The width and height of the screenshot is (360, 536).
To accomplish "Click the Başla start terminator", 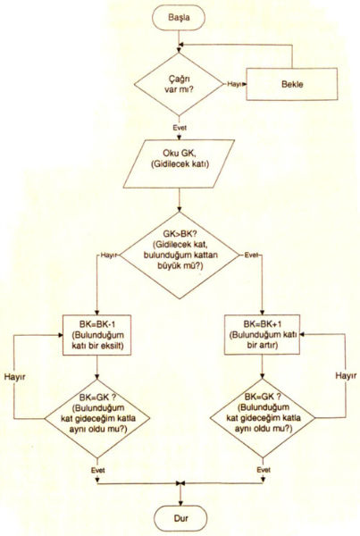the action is click(x=179, y=18).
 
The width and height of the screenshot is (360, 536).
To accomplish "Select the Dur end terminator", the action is click(x=180, y=518).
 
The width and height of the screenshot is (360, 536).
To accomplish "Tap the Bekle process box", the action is click(x=292, y=84).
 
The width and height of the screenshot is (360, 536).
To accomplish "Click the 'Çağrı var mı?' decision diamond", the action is click(x=179, y=84).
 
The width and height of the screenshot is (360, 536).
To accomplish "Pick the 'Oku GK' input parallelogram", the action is click(x=180, y=163).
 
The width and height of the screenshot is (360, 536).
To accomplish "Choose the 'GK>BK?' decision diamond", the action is click(x=180, y=255).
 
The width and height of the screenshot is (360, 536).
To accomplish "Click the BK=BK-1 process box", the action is click(x=97, y=335).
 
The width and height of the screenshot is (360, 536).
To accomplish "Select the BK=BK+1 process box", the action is click(x=262, y=334).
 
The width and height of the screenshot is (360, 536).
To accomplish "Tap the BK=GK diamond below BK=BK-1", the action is click(x=97, y=418).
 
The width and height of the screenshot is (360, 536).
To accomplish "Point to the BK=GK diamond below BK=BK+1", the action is click(x=263, y=418).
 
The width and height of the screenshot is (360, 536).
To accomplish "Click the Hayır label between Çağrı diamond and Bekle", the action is click(x=235, y=84).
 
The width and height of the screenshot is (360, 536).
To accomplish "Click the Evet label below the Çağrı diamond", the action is click(x=180, y=128).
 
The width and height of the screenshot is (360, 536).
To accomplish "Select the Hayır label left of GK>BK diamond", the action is click(x=109, y=255).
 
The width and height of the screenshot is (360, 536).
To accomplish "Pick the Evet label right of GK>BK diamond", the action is click(x=251, y=255).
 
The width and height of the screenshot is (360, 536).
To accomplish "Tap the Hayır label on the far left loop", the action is click(x=14, y=377).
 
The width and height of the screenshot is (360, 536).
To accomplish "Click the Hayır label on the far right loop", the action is click(x=346, y=376).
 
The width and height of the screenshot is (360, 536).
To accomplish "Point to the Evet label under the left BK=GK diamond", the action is click(x=97, y=471).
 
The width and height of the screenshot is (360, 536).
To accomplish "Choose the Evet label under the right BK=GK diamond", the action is click(x=264, y=470).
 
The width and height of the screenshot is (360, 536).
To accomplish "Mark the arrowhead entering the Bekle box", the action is click(x=244, y=84).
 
